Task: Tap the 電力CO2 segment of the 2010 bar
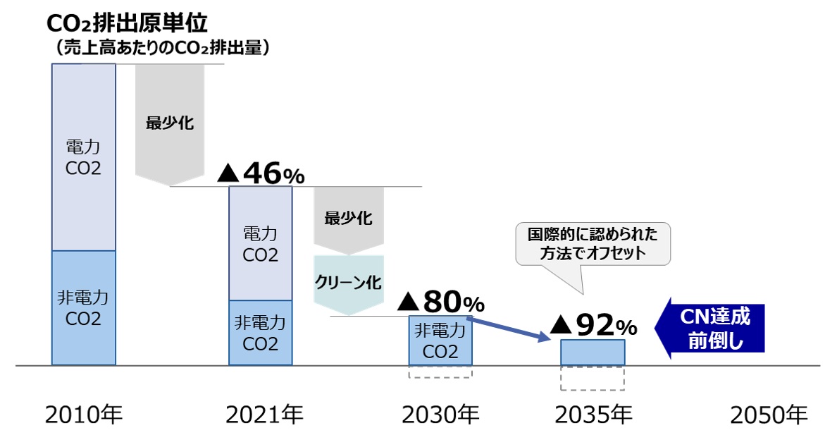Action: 83,157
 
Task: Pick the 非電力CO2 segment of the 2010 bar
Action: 83,308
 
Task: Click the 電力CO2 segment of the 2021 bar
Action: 260,243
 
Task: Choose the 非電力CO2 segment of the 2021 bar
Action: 260,333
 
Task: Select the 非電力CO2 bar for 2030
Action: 440,341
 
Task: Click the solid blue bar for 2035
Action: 593,353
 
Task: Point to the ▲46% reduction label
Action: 261,173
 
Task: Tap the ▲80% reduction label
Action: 441,302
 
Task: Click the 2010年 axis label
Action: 83,415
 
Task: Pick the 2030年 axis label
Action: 440,415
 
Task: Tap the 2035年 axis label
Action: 593,415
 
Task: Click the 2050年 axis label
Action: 769,415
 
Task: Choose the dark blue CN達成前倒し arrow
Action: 709,328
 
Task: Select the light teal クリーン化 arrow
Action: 349,283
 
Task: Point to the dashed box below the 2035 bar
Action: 593,379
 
